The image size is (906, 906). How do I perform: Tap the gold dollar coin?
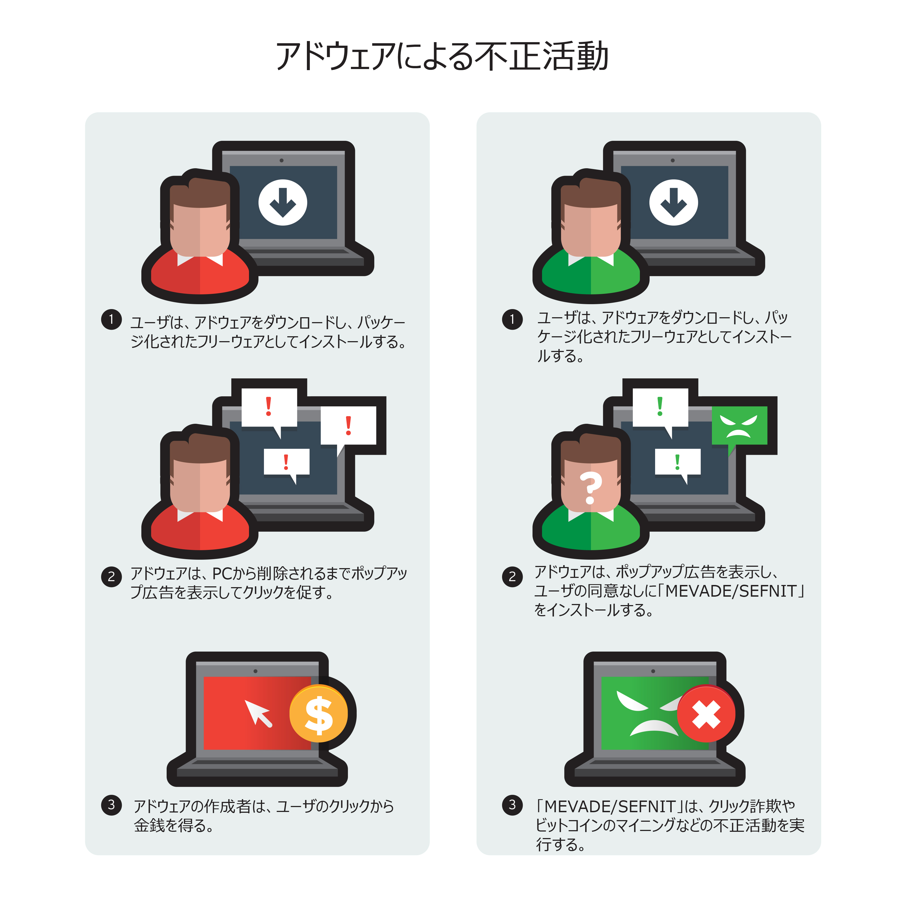click(x=319, y=714)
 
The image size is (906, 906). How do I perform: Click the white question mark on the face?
click(x=590, y=488)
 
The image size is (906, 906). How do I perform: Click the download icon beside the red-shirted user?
click(x=283, y=203)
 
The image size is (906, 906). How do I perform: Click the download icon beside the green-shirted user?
click(x=673, y=203)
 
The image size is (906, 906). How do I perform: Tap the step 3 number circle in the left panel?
click(x=111, y=805)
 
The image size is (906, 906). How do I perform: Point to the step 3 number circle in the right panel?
click(x=512, y=805)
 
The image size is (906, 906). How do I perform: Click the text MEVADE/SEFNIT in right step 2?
click(x=731, y=591)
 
